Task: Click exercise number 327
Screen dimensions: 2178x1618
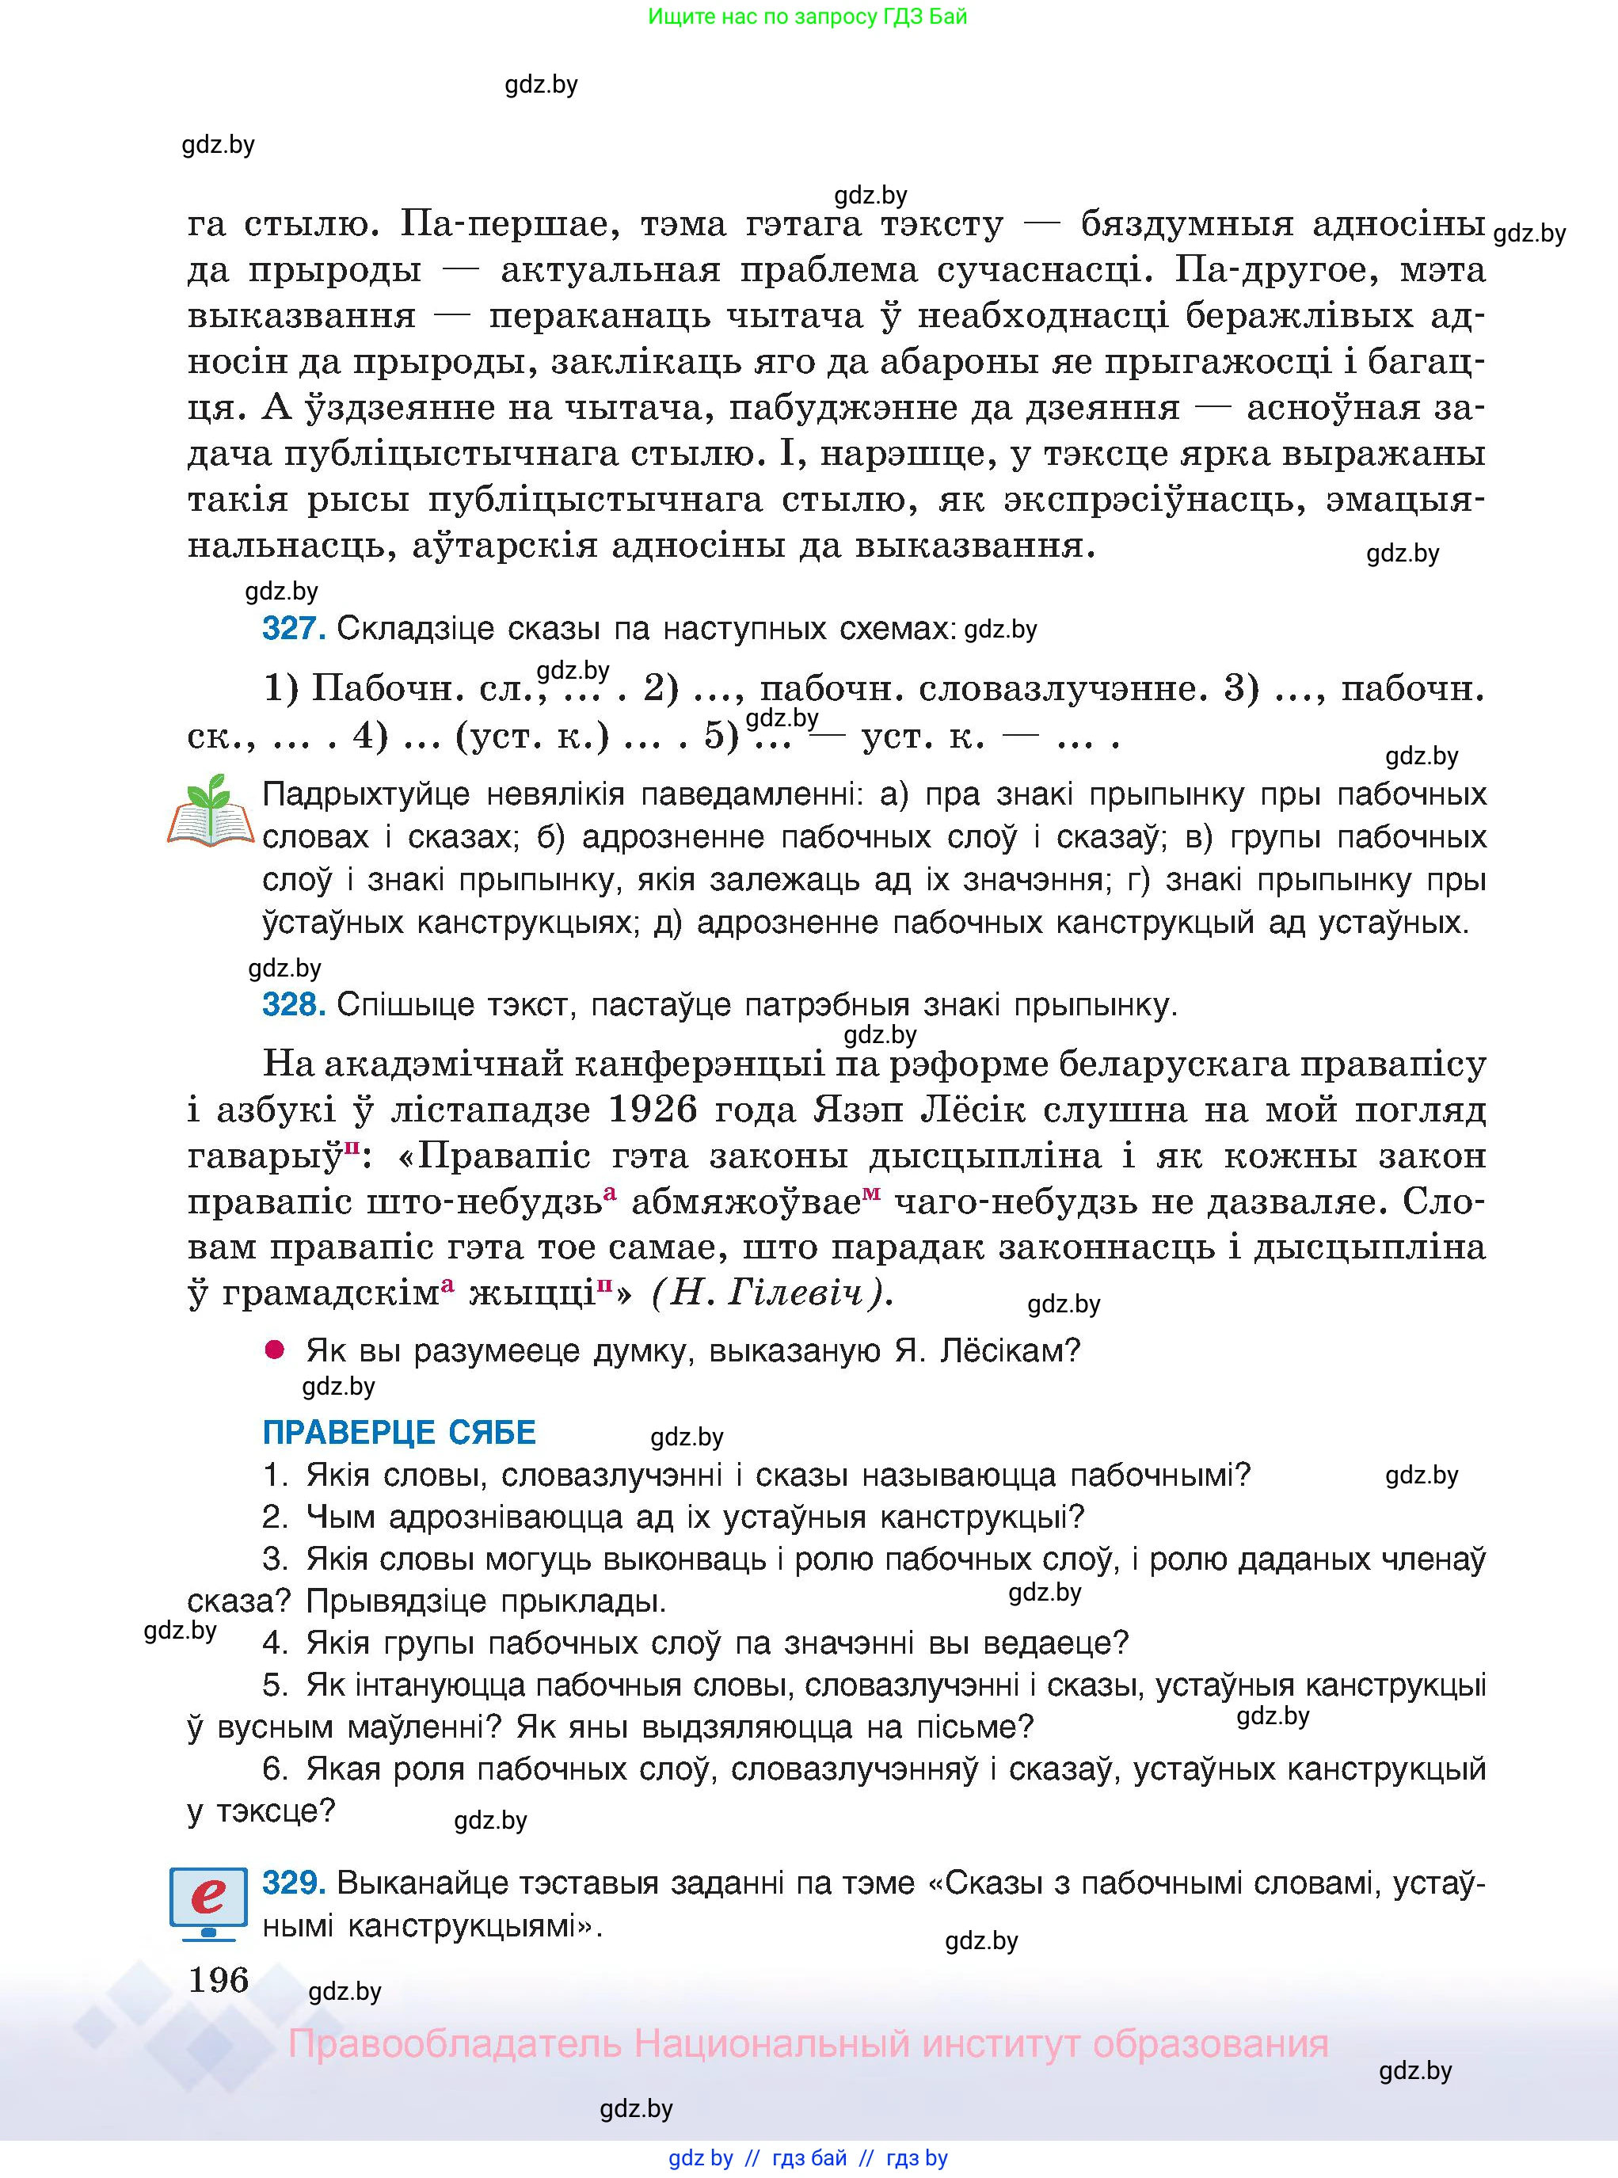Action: click(x=293, y=628)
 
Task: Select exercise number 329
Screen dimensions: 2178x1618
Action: click(x=293, y=1883)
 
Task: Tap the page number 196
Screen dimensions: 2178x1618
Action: click(x=219, y=1979)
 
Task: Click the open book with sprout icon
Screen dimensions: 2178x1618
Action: click(x=211, y=811)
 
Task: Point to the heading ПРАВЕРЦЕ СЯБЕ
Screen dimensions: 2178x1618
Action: click(x=398, y=1433)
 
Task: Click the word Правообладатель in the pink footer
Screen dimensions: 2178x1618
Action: click(x=455, y=2044)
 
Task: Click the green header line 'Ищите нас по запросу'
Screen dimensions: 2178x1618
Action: click(x=807, y=17)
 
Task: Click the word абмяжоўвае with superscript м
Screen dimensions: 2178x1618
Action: click(x=745, y=1201)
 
